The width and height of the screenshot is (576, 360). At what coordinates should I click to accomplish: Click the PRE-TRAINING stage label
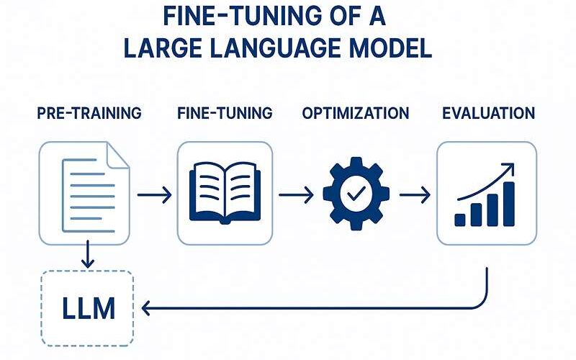(x=89, y=114)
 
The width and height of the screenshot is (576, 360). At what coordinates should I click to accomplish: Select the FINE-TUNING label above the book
(x=224, y=114)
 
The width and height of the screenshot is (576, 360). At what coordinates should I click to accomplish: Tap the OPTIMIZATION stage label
(x=356, y=114)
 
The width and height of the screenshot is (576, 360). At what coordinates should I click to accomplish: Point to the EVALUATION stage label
(x=488, y=114)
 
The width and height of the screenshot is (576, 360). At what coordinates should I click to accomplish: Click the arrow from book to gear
(x=296, y=194)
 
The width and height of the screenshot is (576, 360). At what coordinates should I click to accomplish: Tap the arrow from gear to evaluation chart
(x=415, y=194)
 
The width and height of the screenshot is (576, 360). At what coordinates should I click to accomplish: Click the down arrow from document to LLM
(x=87, y=255)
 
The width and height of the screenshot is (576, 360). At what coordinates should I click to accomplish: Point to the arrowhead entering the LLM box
(x=147, y=309)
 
